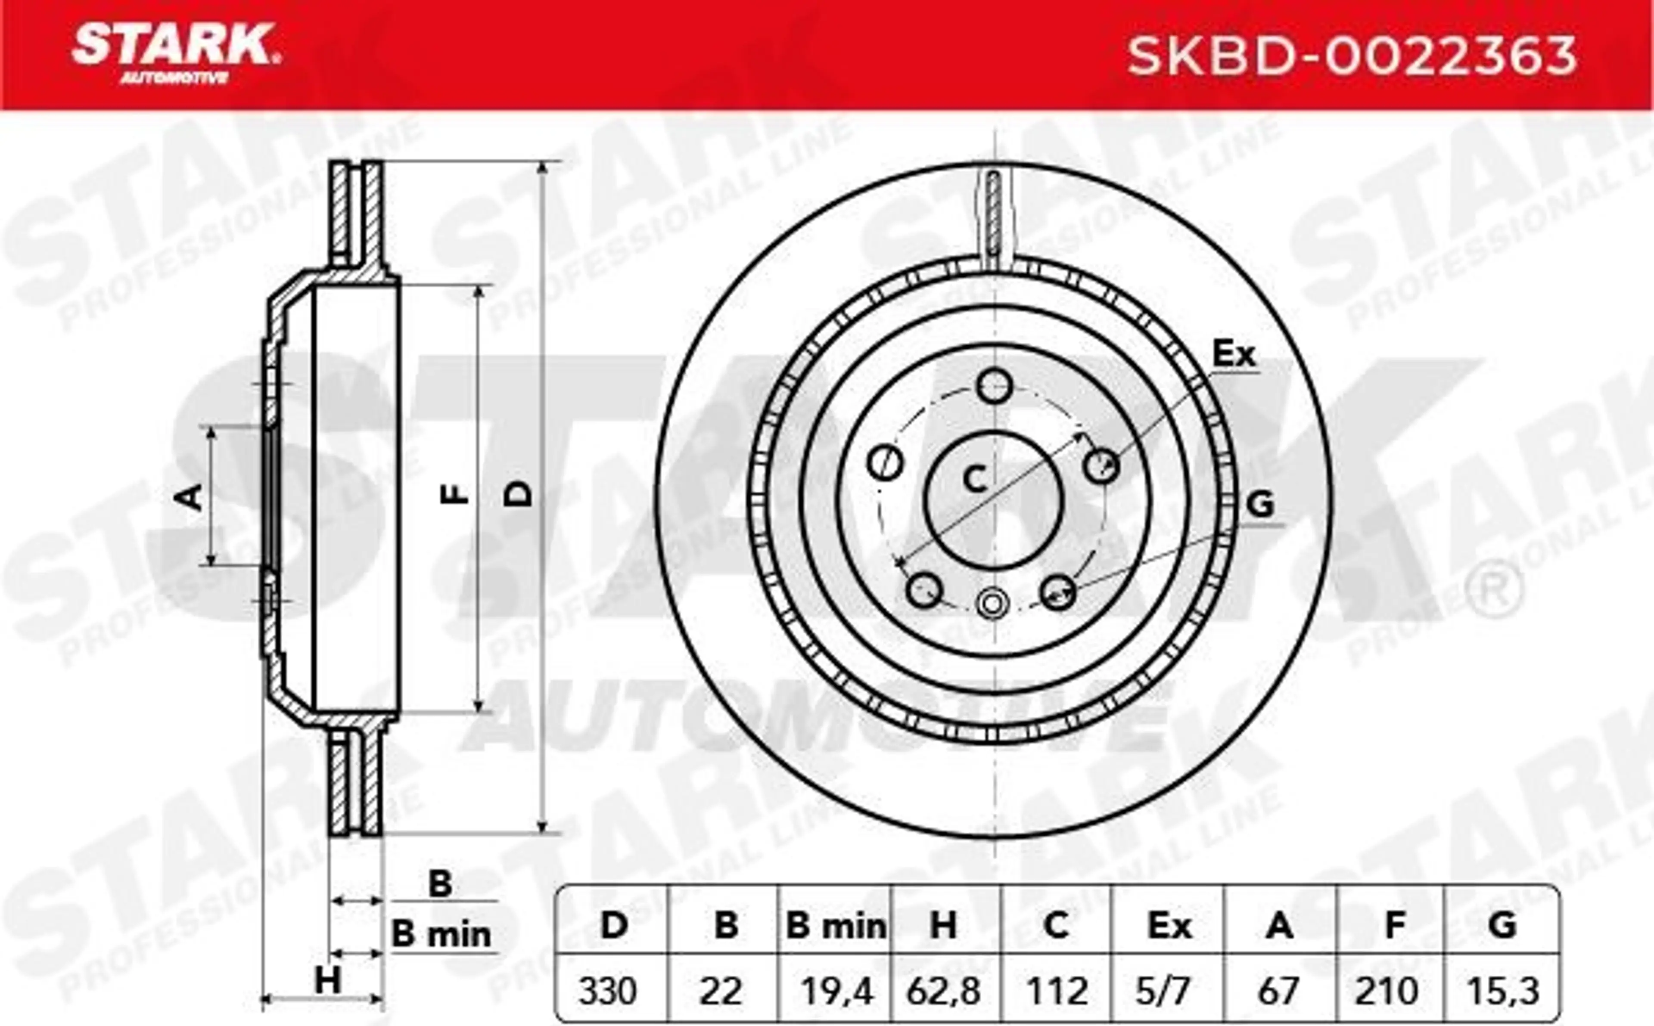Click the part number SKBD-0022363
tap(1352, 56)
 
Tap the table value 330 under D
tap(607, 992)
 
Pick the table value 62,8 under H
tap(943, 992)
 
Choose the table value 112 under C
tap(1056, 992)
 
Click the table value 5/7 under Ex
tap(1169, 992)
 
